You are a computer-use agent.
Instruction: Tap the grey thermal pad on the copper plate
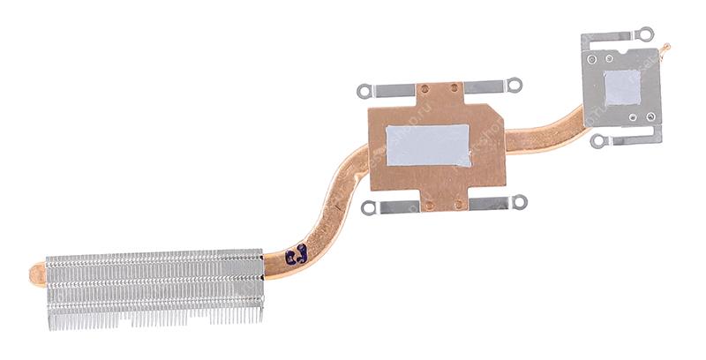pyautogui.click(x=428, y=146)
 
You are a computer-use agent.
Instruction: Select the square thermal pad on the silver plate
pyautogui.click(x=623, y=86)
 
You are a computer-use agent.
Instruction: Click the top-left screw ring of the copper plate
pyautogui.click(x=363, y=90)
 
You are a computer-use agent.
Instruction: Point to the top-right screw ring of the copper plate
pyautogui.click(x=515, y=86)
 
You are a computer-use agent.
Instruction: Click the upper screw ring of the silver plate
pyautogui.click(x=647, y=34)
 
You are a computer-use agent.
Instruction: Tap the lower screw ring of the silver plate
pyautogui.click(x=598, y=141)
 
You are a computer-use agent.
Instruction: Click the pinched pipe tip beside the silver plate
pyautogui.click(x=665, y=48)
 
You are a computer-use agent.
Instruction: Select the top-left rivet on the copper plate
pyautogui.click(x=422, y=88)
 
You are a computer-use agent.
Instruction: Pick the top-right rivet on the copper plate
pyautogui.click(x=454, y=87)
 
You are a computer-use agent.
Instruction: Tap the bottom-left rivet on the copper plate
pyautogui.click(x=427, y=206)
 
